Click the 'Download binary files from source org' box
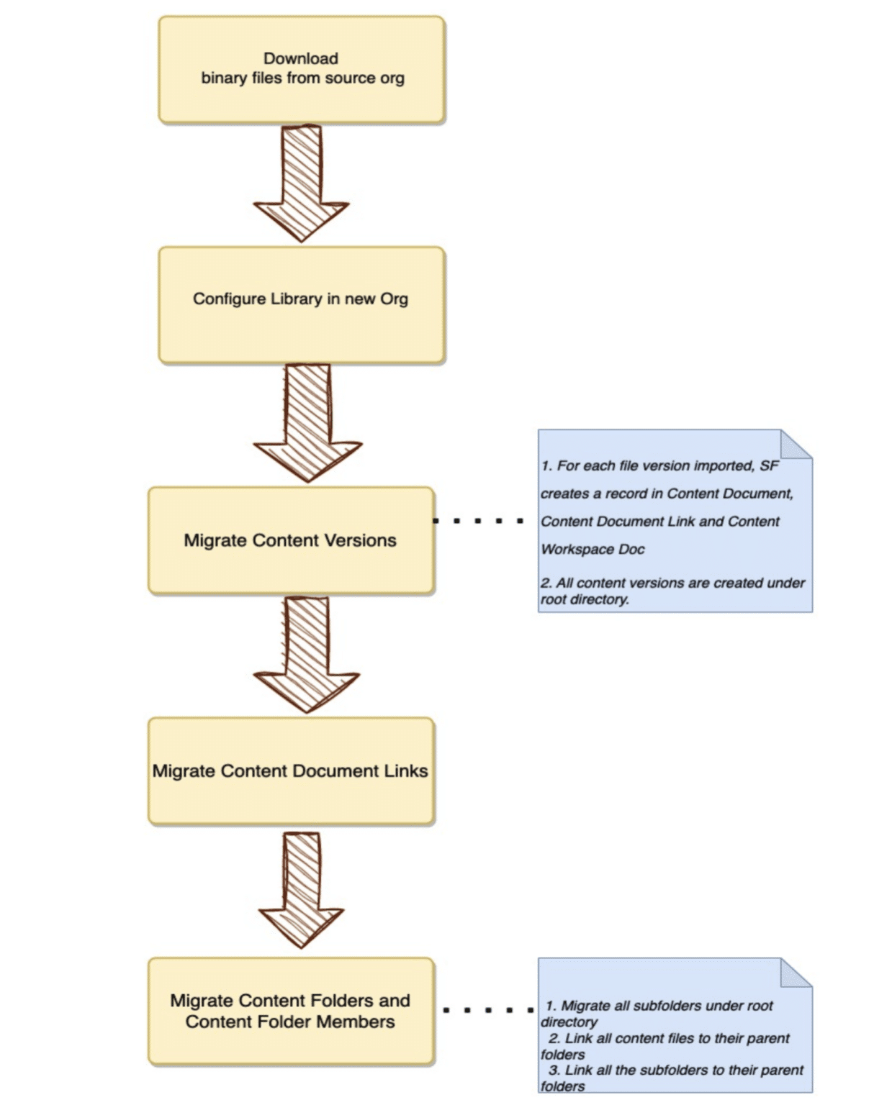pyautogui.click(x=301, y=70)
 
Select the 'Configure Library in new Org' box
pyautogui.click(x=301, y=304)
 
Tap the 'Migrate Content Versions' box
pyautogui.click(x=291, y=540)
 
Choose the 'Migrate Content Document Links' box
pyautogui.click(x=291, y=770)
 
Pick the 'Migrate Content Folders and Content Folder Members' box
pyautogui.click(x=291, y=1011)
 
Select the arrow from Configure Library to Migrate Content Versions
pyautogui.click(x=307, y=421)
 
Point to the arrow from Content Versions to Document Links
pyautogui.click(x=307, y=653)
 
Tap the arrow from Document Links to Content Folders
pyautogui.click(x=302, y=889)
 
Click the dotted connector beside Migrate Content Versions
pyautogui.click(x=478, y=520)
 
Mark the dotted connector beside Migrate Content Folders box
pyautogui.click(x=487, y=1010)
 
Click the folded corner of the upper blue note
pyautogui.click(x=797, y=444)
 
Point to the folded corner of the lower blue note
pyautogui.click(x=797, y=972)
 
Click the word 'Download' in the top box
pyautogui.click(x=301, y=58)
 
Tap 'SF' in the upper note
pyautogui.click(x=769, y=465)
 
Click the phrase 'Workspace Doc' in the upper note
pyautogui.click(x=593, y=549)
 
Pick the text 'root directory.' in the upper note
pyautogui.click(x=585, y=599)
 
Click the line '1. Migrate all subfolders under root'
pyautogui.click(x=659, y=1005)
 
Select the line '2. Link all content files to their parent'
pyautogui.click(x=668, y=1038)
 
